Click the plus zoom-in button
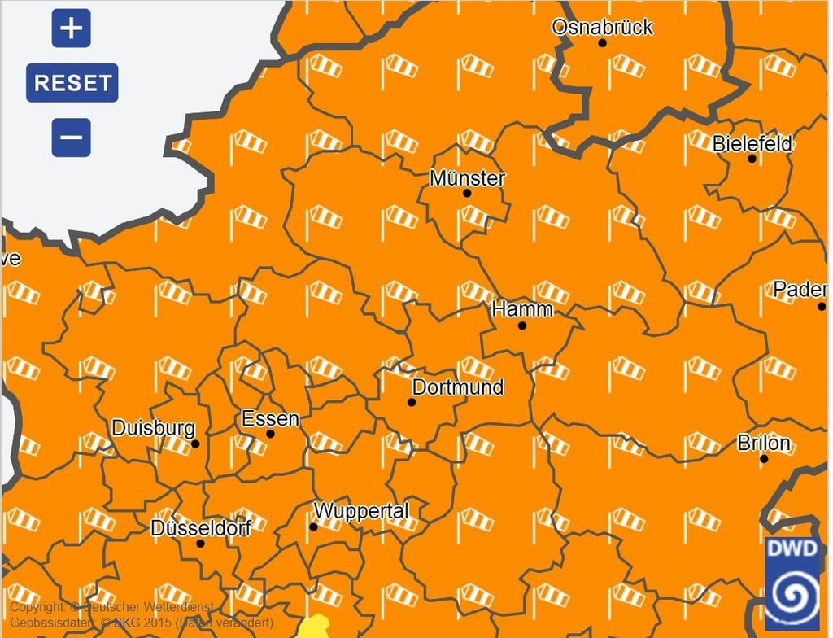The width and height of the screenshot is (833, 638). click(72, 28)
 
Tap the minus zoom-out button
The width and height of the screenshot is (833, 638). click(72, 138)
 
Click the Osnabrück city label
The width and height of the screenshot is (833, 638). click(602, 27)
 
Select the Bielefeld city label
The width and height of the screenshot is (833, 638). click(752, 144)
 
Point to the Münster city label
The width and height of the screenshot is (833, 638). click(467, 178)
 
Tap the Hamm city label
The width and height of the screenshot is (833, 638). click(522, 309)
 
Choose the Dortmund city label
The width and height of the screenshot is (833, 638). click(458, 387)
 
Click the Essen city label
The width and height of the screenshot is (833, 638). click(270, 419)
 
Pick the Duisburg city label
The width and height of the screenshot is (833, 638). click(153, 427)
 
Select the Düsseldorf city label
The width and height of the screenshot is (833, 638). click(201, 527)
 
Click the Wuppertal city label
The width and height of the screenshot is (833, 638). click(360, 511)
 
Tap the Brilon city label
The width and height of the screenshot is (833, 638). click(764, 444)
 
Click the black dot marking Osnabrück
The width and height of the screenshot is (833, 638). click(603, 42)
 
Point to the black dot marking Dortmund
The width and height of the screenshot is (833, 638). click(412, 402)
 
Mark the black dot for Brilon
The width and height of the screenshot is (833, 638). click(764, 459)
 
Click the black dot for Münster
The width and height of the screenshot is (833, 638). click(467, 194)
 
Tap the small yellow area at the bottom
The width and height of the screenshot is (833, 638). click(312, 629)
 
